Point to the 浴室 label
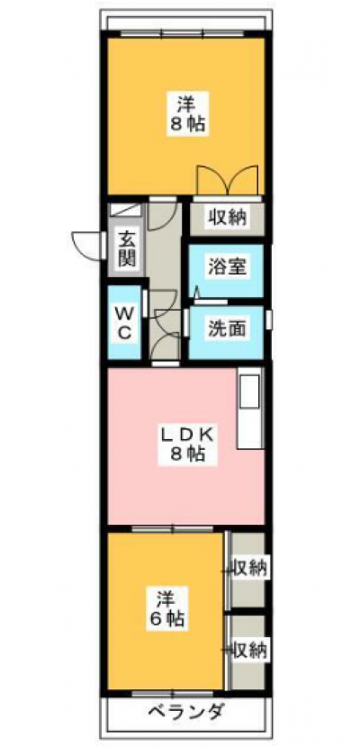(227, 266)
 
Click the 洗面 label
(227, 328)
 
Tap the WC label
(124, 323)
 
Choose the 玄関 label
(127, 247)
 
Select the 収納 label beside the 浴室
(227, 217)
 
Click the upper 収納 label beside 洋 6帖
(248, 567)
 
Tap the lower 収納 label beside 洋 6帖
(248, 648)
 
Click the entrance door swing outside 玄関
(88, 246)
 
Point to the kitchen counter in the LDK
(250, 408)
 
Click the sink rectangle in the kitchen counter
(250, 391)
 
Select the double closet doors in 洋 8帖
(228, 180)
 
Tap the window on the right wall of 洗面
(269, 319)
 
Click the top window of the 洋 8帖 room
(183, 33)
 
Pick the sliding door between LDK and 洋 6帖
(173, 529)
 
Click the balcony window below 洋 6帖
(173, 693)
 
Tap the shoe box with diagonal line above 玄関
(126, 210)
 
